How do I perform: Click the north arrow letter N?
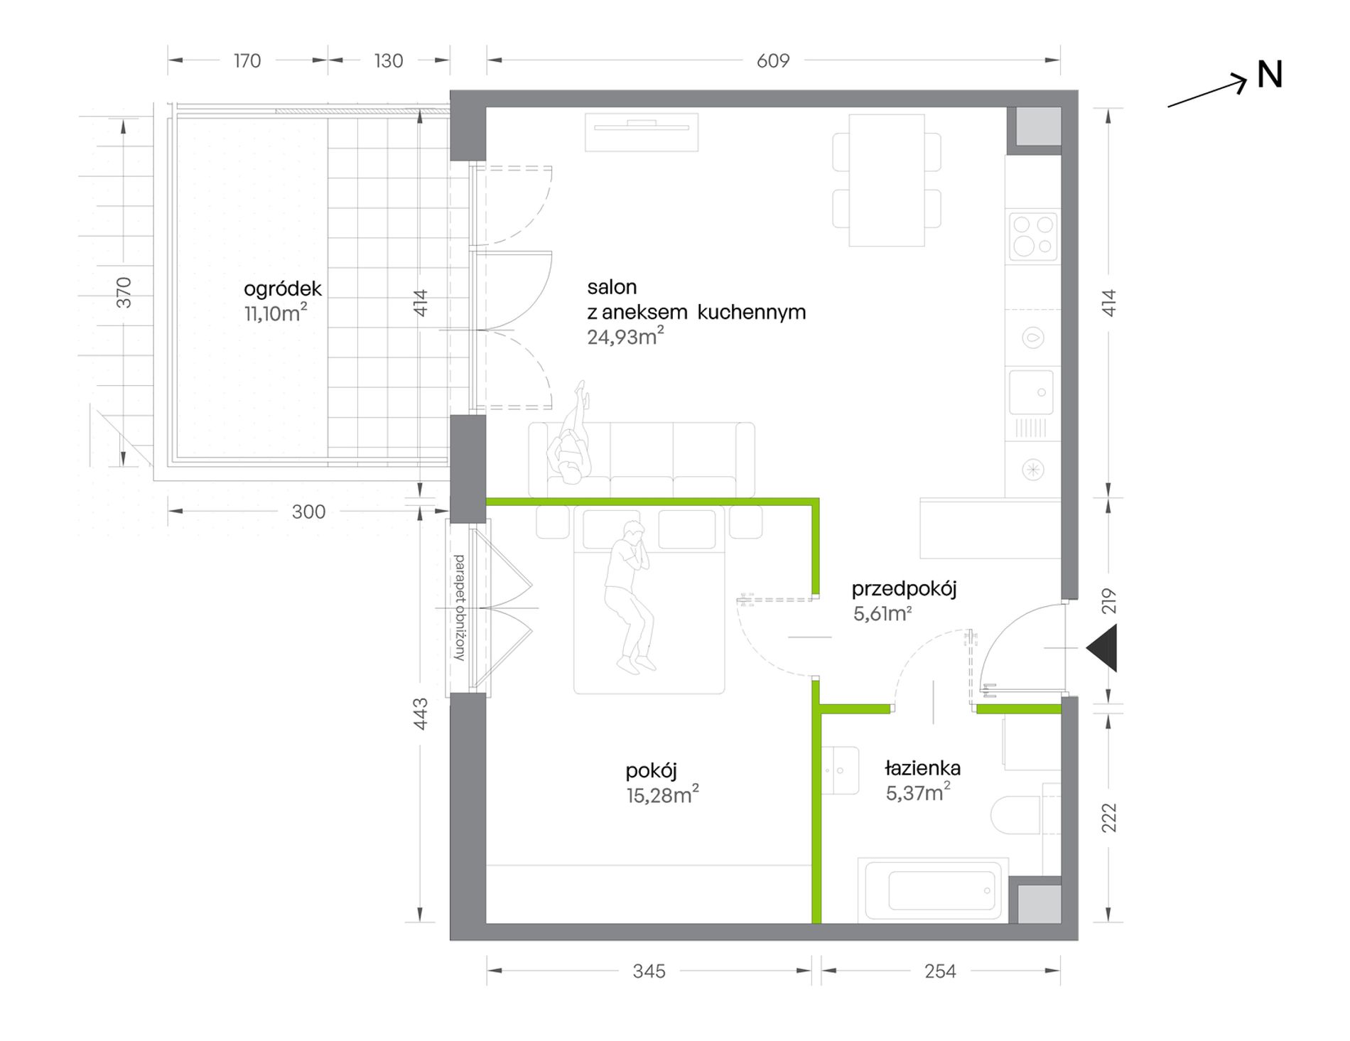pos(1270,75)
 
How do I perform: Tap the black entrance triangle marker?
pos(1102,648)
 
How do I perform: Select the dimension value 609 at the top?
pos(773,61)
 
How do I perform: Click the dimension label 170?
pos(247,61)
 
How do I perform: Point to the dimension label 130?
pos(389,61)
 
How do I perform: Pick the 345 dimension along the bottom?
pos(649,971)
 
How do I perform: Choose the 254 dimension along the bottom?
pos(941,971)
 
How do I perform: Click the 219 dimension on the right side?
pos(1109,601)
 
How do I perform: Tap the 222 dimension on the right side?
pos(1109,817)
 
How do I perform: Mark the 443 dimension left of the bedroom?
pos(421,713)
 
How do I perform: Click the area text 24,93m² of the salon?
pos(625,336)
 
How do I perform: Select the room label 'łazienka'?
pos(923,768)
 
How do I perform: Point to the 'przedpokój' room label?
pos(904,589)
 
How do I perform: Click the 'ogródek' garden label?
pos(283,288)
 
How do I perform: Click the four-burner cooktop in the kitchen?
pos(1033,236)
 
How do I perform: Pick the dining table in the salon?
pos(887,180)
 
